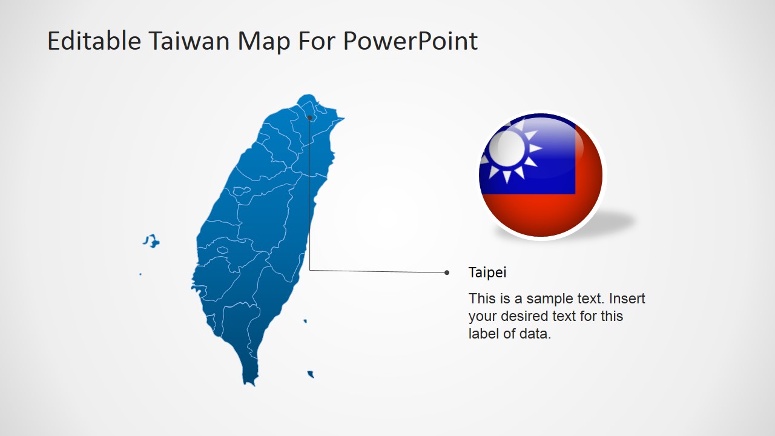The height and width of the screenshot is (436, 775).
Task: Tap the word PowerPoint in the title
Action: (410, 41)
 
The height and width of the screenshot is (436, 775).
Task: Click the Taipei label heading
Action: (487, 272)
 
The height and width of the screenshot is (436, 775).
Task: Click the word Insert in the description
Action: (627, 299)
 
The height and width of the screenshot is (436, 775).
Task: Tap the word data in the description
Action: (533, 334)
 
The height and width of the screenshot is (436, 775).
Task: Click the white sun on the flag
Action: (507, 148)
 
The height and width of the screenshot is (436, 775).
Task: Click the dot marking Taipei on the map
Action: (309, 117)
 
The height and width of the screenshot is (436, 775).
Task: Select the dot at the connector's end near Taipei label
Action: (447, 272)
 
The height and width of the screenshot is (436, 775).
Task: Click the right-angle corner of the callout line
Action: (310, 270)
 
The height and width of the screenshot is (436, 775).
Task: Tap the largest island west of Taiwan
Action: (151, 241)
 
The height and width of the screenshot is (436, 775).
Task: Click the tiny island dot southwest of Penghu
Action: (140, 274)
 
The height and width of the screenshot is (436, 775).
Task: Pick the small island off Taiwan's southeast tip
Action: (311, 374)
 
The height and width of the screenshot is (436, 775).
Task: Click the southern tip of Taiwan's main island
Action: (249, 381)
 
